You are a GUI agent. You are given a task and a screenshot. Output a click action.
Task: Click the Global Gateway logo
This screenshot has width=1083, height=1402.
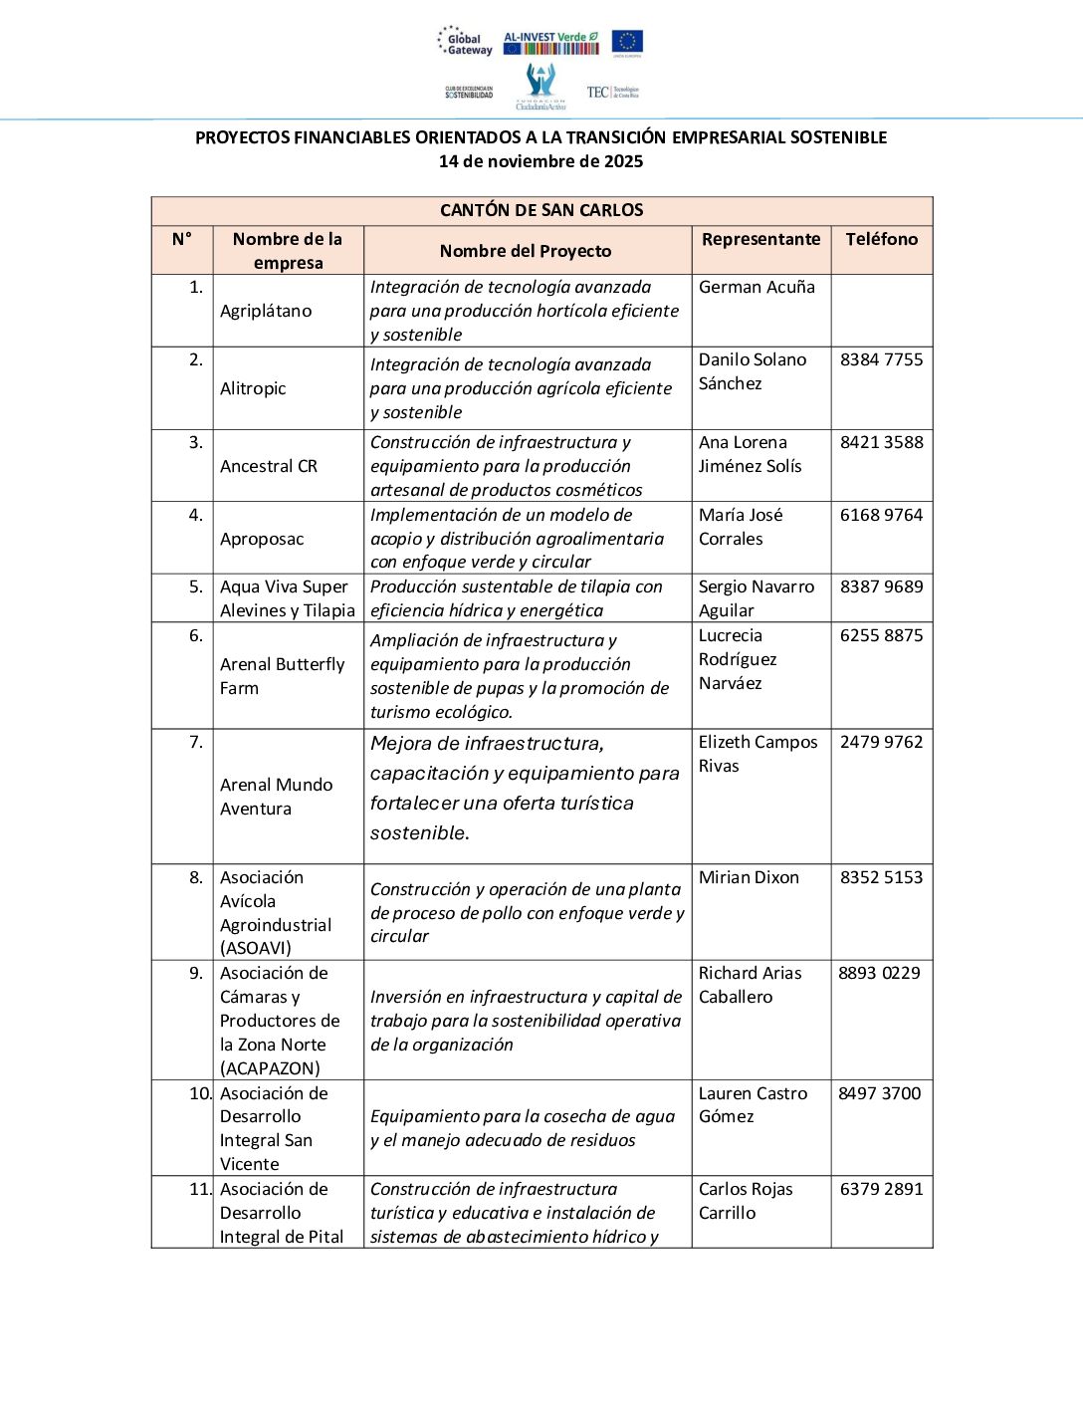pyautogui.click(x=465, y=42)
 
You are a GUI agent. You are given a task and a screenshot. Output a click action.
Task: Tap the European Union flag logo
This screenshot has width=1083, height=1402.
pyautogui.click(x=627, y=42)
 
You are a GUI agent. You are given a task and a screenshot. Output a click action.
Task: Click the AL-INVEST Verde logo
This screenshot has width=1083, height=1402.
pyautogui.click(x=550, y=42)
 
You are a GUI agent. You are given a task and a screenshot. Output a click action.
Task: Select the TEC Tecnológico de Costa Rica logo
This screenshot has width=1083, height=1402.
pyautogui.click(x=613, y=92)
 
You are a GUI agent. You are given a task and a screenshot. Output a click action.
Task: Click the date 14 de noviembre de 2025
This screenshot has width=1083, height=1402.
pyautogui.click(x=541, y=161)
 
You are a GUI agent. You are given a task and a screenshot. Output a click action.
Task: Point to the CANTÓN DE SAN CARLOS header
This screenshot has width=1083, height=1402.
pyautogui.click(x=541, y=210)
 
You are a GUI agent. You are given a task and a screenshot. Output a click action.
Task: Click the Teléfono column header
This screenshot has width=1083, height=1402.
pyautogui.click(x=881, y=239)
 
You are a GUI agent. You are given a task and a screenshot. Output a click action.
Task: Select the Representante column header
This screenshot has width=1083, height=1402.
pyautogui.click(x=760, y=239)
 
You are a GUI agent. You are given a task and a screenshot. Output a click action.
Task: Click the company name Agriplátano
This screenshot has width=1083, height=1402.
pyautogui.click(x=266, y=311)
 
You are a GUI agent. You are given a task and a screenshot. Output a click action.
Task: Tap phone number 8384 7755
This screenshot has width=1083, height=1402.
pyautogui.click(x=881, y=359)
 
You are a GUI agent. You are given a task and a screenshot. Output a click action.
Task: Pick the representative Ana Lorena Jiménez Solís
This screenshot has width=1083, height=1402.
pyautogui.click(x=750, y=454)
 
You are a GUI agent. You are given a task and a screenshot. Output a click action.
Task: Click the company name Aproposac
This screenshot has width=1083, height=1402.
pyautogui.click(x=262, y=539)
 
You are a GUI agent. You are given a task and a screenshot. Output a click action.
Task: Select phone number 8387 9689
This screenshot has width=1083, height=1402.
pyautogui.click(x=881, y=586)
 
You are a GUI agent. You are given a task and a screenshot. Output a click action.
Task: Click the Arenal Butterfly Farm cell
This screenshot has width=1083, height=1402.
pyautogui.click(x=282, y=676)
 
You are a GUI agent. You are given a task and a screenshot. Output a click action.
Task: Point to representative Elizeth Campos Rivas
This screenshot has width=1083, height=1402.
pyautogui.click(x=758, y=754)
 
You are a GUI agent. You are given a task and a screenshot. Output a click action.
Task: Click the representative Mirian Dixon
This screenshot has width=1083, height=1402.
pyautogui.click(x=749, y=877)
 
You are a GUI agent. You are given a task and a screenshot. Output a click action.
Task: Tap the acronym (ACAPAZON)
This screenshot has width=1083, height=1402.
pyautogui.click(x=270, y=1068)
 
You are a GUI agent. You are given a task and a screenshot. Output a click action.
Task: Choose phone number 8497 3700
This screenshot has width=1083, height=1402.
pyautogui.click(x=879, y=1093)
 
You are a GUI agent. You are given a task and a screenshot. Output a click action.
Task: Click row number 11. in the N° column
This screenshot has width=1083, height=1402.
pyautogui.click(x=199, y=1189)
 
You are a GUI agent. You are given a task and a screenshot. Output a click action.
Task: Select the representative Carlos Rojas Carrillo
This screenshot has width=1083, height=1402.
pyautogui.click(x=746, y=1201)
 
